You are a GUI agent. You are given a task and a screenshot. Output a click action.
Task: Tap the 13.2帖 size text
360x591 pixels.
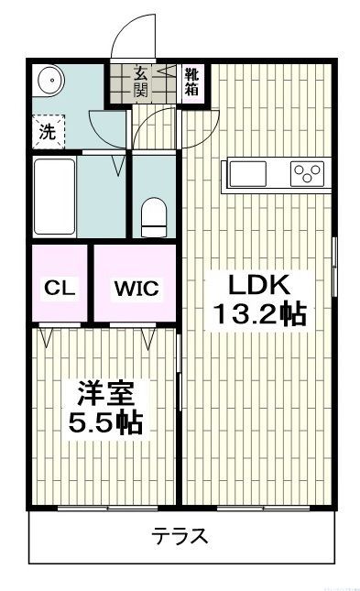pyautogui.click(x=259, y=314)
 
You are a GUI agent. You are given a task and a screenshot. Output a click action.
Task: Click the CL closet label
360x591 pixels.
pyautogui.click(x=59, y=288)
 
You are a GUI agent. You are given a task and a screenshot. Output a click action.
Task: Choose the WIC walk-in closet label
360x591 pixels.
pyautogui.click(x=136, y=288)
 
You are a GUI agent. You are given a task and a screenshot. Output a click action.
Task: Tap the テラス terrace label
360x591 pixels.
pyautogui.click(x=180, y=536)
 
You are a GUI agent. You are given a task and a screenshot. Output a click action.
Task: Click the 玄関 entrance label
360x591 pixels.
pyautogui.click(x=142, y=82)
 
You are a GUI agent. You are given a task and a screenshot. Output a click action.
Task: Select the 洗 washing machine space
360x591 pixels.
pyautogui.click(x=47, y=130)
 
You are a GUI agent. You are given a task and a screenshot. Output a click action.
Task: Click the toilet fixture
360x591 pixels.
pyautogui.click(x=153, y=216)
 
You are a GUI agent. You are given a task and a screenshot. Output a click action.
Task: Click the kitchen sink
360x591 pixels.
pyautogui.click(x=251, y=171)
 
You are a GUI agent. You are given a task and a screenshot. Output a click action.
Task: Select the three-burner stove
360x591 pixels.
pyautogui.click(x=307, y=171)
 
